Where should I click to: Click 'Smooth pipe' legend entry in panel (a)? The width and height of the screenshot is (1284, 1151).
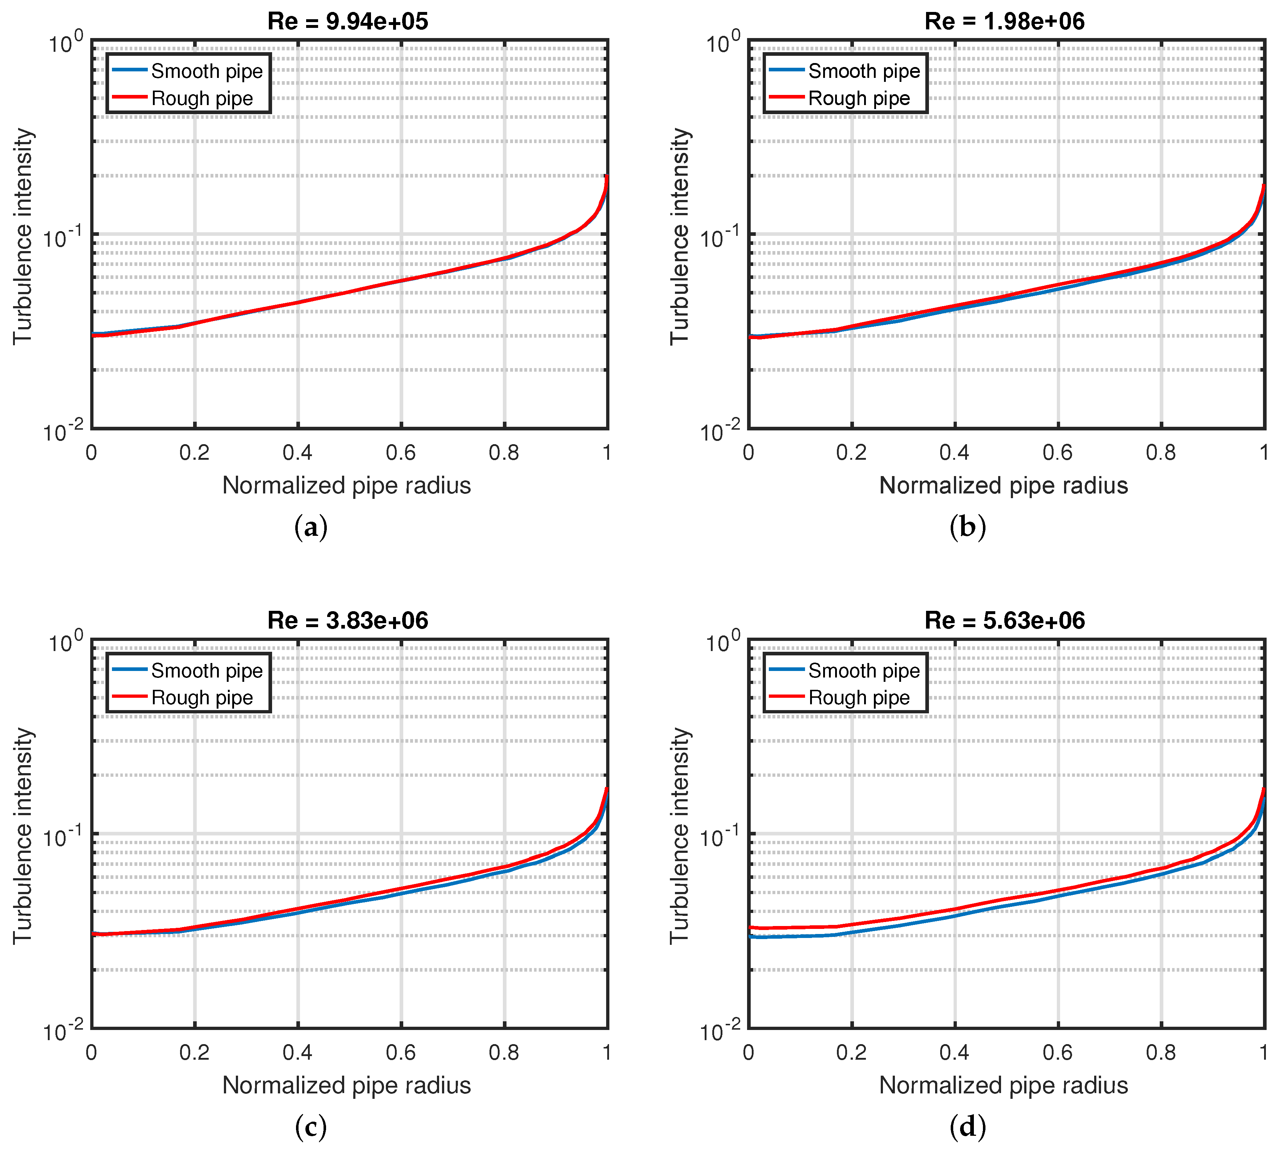click(206, 71)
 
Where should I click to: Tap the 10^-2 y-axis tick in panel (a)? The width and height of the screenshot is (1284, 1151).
click(63, 431)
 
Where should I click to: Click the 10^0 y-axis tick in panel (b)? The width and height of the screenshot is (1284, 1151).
click(721, 43)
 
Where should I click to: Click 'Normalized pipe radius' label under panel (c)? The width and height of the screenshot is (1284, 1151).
click(347, 1085)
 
